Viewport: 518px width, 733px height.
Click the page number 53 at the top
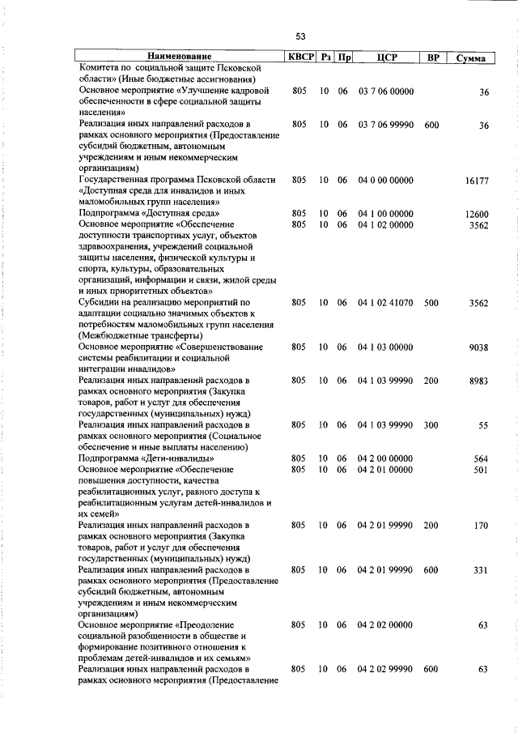tap(300, 36)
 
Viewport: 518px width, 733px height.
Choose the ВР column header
tap(432, 58)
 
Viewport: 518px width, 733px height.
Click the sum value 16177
tap(477, 184)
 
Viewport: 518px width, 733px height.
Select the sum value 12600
tap(477, 214)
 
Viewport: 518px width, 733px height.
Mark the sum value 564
tap(481, 458)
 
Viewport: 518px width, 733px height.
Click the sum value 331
tap(481, 570)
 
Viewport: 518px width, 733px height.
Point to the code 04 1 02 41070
tap(385, 302)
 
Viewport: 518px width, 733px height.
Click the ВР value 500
tap(431, 302)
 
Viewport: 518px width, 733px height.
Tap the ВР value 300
tap(431, 424)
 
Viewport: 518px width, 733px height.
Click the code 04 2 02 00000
tap(385, 625)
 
